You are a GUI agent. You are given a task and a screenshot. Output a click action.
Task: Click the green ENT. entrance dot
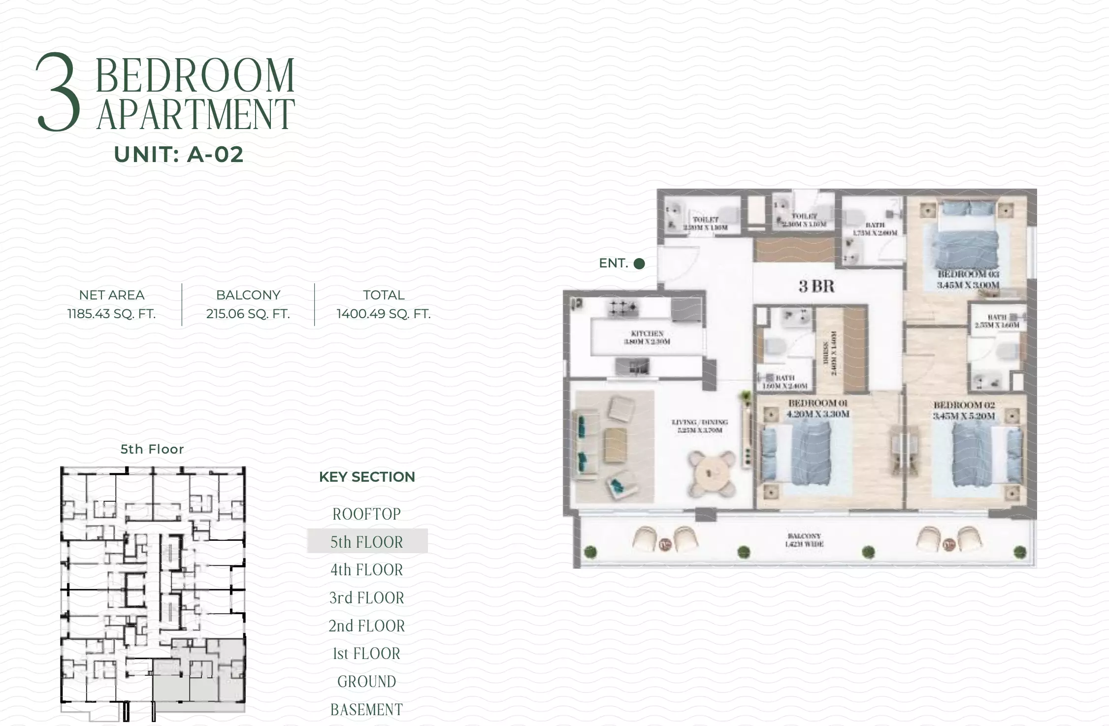(639, 264)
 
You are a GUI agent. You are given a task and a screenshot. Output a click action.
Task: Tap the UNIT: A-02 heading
(179, 155)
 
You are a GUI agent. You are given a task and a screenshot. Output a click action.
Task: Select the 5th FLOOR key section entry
(367, 542)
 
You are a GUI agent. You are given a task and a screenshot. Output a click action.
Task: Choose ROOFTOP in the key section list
(367, 514)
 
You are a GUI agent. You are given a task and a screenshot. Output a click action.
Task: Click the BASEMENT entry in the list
(367, 710)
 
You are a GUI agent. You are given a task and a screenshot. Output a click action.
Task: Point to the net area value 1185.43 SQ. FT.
(112, 314)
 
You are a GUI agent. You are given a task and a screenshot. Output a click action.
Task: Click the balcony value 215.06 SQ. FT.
(248, 314)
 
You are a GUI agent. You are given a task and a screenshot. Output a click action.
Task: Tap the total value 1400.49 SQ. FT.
(384, 314)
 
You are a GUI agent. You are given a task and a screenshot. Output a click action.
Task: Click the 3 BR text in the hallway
(816, 286)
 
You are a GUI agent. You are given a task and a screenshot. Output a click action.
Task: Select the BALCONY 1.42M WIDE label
(804, 540)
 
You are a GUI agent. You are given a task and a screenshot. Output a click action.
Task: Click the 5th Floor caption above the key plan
(152, 449)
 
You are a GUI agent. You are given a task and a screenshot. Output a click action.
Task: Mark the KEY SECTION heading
(367, 477)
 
